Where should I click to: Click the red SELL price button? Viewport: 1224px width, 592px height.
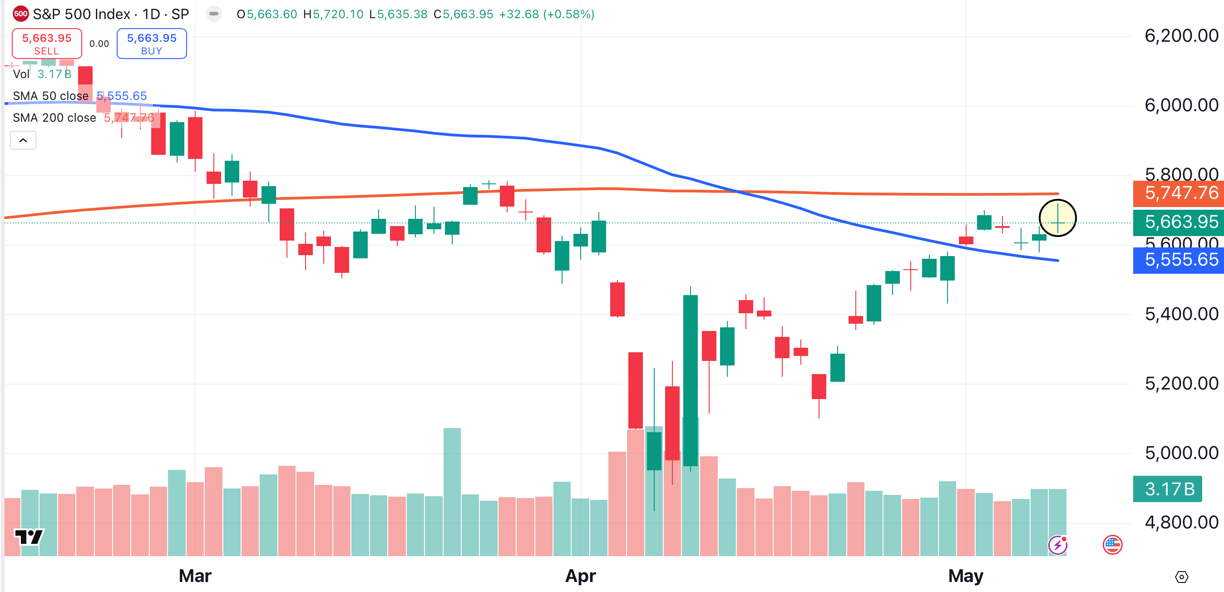[47, 44]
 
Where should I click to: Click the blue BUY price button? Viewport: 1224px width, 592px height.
[152, 44]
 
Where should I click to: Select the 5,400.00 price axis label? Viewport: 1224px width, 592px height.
[1181, 314]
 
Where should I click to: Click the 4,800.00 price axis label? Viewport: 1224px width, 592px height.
[1181, 523]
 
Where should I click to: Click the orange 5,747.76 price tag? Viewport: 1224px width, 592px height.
[1181, 193]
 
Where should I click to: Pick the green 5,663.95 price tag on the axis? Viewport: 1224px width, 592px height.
[1181, 222]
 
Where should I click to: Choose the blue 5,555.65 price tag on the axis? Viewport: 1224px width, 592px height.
[1181, 260]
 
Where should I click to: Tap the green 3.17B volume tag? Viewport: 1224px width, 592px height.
[1169, 489]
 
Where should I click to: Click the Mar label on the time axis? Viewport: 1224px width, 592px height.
[195, 576]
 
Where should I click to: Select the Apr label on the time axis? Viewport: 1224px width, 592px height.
[580, 576]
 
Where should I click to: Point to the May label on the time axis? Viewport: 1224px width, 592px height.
[966, 576]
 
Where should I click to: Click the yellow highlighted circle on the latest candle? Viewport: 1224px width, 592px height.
[1057, 218]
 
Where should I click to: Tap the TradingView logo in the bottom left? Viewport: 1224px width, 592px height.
[29, 538]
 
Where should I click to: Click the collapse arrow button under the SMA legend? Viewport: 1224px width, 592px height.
[23, 141]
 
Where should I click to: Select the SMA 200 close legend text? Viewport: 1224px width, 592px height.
[54, 118]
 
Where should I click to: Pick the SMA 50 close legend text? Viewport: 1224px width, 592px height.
[50, 96]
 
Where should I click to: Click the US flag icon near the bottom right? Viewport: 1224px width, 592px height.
[1112, 544]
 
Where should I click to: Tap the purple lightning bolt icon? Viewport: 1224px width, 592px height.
[1057, 545]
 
